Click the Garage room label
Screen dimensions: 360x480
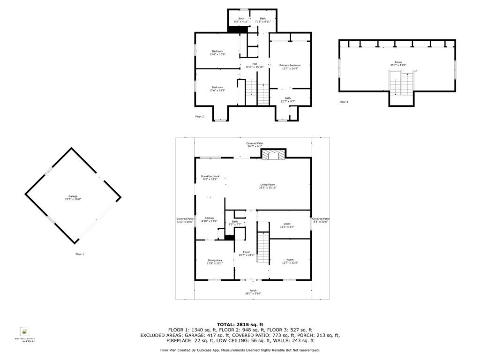point(73,198)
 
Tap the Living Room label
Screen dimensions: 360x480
point(268,186)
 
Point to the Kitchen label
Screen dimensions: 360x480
point(209,219)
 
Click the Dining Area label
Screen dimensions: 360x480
point(215,262)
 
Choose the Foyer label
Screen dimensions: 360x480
point(246,254)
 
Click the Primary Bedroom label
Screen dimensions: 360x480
point(290,67)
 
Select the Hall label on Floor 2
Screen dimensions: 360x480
point(255,65)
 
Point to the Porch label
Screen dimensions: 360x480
point(253,292)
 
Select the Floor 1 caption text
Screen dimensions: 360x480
point(80,254)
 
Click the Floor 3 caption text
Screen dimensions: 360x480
point(344,102)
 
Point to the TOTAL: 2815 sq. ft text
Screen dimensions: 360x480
point(240,324)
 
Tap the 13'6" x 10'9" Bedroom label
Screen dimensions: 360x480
point(217,52)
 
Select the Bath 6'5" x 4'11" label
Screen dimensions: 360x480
point(241,20)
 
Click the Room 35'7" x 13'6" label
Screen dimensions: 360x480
point(398,64)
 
